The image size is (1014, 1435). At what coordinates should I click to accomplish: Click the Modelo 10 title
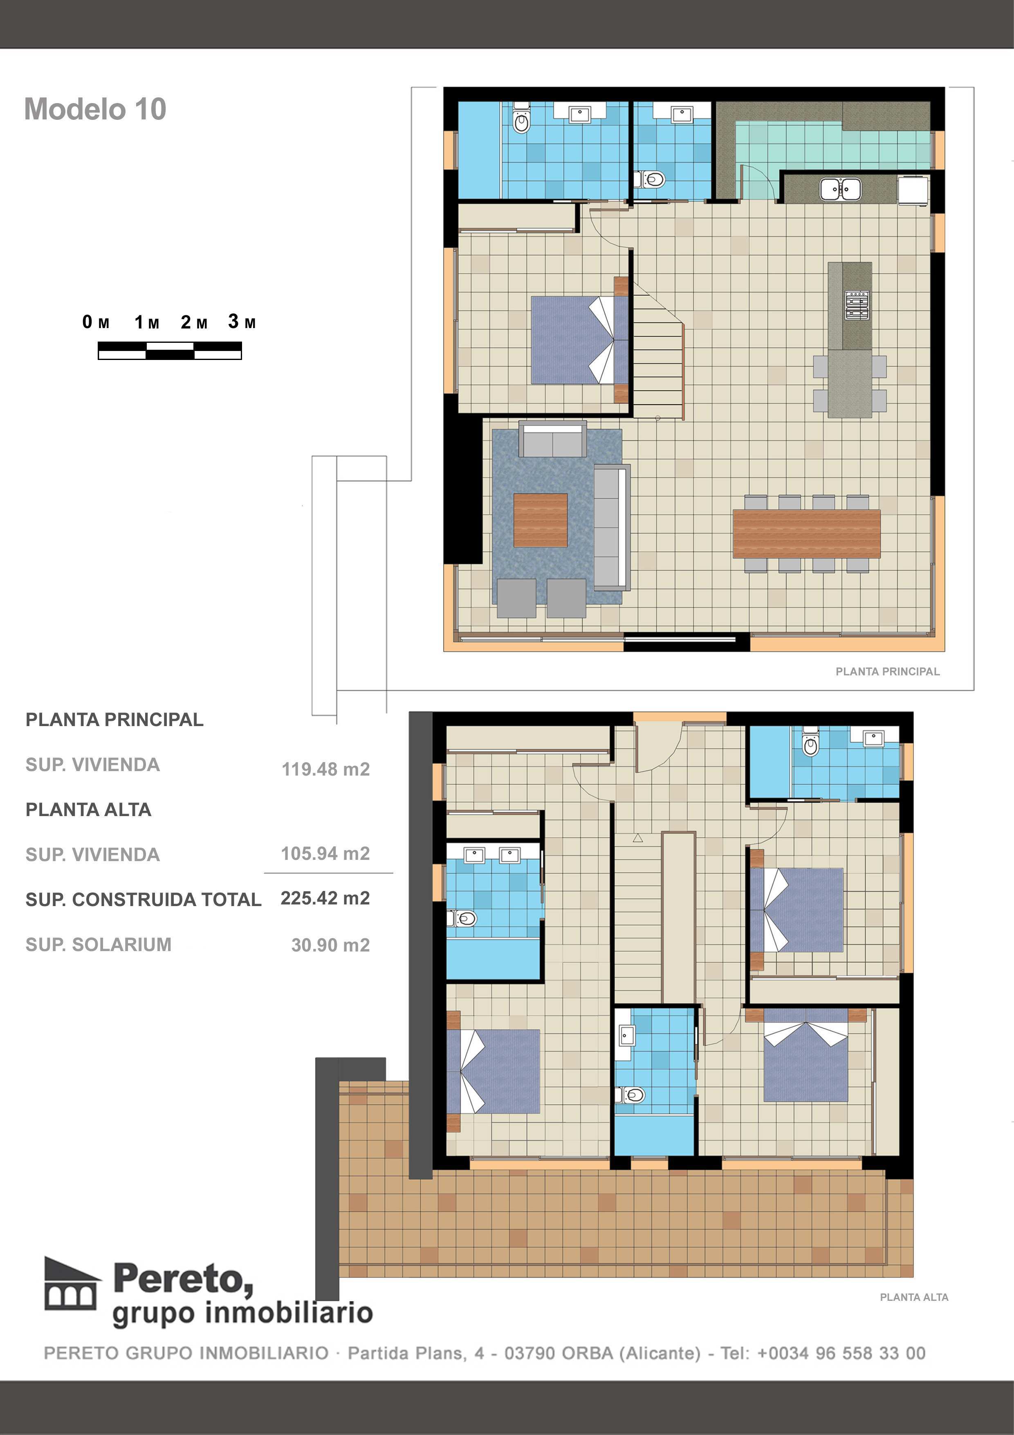[x=95, y=109]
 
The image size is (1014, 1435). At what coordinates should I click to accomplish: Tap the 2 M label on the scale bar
[x=194, y=322]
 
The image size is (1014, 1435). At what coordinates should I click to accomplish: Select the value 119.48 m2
[x=325, y=769]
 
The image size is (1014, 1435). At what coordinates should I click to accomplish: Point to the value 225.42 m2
[x=325, y=898]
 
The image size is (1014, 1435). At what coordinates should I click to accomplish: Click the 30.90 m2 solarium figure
[x=330, y=945]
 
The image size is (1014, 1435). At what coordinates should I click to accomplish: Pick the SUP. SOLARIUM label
[x=98, y=945]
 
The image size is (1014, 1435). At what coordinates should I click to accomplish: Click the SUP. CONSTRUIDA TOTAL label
[x=143, y=900]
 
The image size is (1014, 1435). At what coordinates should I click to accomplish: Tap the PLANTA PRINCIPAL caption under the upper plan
[x=887, y=671]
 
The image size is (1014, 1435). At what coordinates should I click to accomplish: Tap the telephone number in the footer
[x=841, y=1353]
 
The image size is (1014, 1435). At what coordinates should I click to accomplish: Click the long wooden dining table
[x=806, y=533]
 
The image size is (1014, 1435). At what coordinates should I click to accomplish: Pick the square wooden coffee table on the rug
[x=541, y=520]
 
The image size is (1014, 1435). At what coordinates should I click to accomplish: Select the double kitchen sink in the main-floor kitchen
[x=840, y=189]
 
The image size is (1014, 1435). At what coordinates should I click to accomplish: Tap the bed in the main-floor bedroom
[x=572, y=340]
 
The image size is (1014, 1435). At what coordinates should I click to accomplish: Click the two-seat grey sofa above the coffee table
[x=553, y=440]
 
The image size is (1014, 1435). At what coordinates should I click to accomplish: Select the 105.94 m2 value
[x=325, y=853]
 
